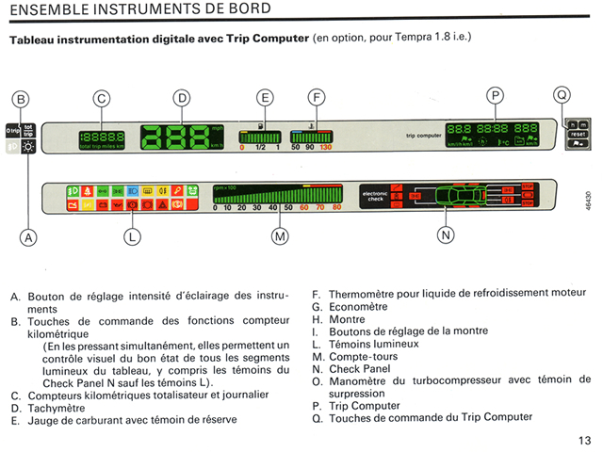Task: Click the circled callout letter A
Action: [29, 238]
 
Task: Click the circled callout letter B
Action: [21, 98]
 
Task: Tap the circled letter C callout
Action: [102, 98]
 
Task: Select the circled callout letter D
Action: [182, 98]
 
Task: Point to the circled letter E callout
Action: [265, 98]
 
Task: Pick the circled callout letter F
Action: [318, 98]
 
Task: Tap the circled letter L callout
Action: [132, 237]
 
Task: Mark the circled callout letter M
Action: [280, 236]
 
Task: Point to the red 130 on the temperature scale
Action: [326, 148]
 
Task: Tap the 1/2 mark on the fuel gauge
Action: [260, 148]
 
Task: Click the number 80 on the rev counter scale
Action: [336, 207]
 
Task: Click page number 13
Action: [584, 440]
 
